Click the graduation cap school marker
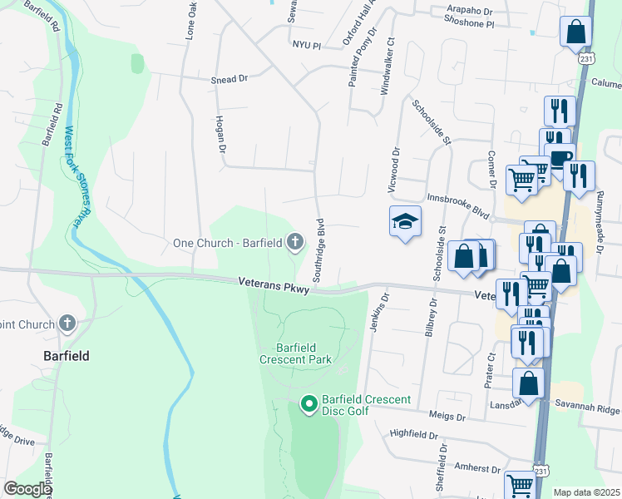(405, 222)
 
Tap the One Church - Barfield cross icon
(294, 243)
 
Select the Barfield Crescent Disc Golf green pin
(309, 405)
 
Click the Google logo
(27, 489)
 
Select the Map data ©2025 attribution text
(585, 492)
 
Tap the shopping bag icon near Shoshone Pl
(575, 32)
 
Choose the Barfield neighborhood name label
(66, 355)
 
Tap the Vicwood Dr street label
(396, 170)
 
